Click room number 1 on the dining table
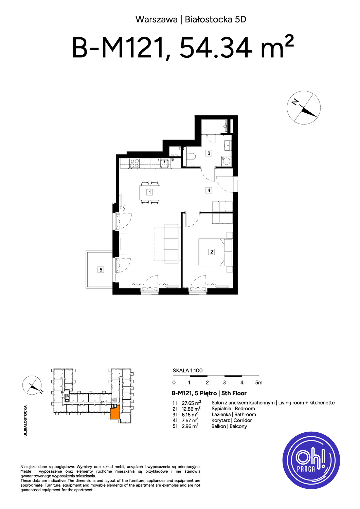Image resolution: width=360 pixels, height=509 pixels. [x=149, y=192]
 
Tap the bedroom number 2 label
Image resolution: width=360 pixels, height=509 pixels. [x=212, y=252]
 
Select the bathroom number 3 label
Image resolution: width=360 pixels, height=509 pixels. [x=209, y=153]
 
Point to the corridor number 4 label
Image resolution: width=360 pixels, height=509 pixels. [x=209, y=190]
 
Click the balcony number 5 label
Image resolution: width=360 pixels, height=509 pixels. [x=101, y=270]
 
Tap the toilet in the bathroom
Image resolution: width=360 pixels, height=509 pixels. [x=192, y=156]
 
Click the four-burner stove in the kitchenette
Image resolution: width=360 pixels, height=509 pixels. [x=134, y=163]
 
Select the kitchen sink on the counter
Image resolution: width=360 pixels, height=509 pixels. [x=164, y=163]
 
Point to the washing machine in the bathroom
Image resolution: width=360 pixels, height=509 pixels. [x=226, y=161]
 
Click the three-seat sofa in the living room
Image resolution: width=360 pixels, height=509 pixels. [x=172, y=244]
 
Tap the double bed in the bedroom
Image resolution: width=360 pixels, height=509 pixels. [x=216, y=252]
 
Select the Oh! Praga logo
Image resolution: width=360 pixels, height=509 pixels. [x=311, y=460]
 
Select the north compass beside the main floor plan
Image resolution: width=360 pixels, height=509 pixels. [x=304, y=108]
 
